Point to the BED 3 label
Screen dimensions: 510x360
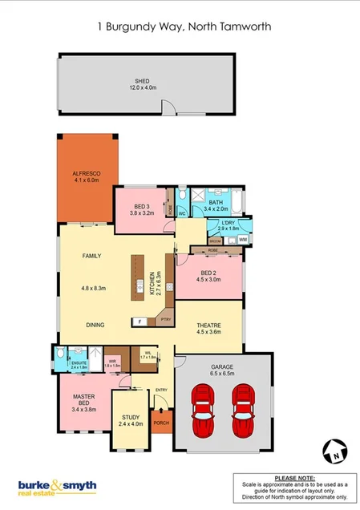141,210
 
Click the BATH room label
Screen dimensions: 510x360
215,204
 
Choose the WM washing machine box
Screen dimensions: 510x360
243,239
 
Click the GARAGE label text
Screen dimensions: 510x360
224,367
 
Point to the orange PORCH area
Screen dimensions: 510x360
161,423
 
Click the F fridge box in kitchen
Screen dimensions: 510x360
140,322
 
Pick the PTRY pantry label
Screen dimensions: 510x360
166,320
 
